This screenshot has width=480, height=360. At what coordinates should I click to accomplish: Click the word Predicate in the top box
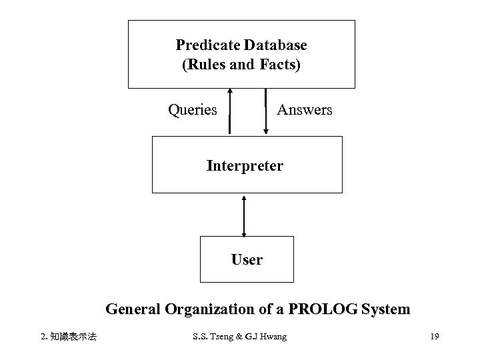click(208, 45)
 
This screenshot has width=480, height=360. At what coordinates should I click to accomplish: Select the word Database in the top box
click(275, 45)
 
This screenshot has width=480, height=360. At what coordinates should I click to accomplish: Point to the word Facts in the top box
click(279, 65)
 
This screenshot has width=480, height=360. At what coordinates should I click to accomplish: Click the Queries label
click(192, 109)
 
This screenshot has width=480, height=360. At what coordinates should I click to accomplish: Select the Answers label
click(304, 109)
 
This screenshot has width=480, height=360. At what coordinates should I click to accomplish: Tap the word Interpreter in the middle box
click(245, 165)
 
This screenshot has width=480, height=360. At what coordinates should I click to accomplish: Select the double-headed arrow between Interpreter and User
click(245, 216)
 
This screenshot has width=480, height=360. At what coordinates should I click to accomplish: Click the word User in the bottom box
click(247, 259)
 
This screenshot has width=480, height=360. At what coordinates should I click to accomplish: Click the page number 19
click(434, 337)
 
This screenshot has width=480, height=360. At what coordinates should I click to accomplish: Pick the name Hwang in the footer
click(273, 337)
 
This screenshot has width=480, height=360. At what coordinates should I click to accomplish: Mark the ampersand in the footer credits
click(245, 337)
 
